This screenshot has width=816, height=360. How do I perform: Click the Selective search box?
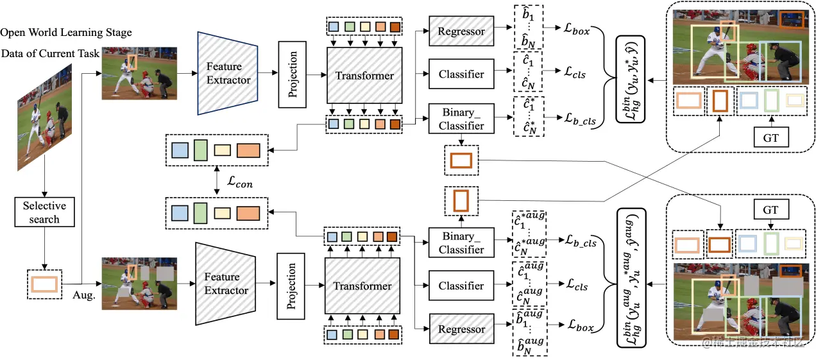point(44,212)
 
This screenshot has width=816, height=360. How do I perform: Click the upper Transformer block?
point(364,76)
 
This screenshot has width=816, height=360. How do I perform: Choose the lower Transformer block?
point(362,286)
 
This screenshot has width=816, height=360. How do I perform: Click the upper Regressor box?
point(461,31)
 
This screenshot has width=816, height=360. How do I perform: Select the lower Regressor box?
point(461,329)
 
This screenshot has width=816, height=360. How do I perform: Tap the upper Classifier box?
point(461,74)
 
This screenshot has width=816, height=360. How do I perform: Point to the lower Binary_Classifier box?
point(461,243)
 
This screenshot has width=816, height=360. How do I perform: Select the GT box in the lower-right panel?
point(770,210)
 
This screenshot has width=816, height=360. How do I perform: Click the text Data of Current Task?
point(50,53)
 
